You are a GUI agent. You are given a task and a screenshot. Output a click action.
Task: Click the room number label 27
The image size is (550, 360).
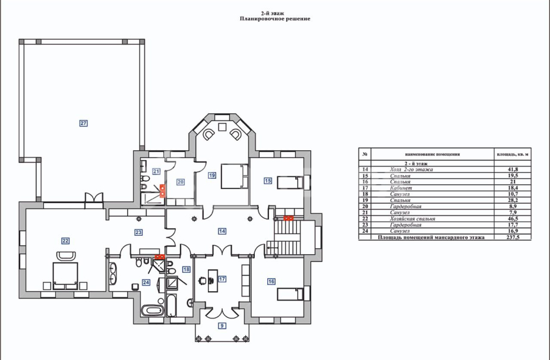pos(83,123)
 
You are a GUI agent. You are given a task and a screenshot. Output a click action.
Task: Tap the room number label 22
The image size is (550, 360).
pos(65,241)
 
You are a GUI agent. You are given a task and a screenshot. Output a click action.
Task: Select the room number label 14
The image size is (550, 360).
pos(222,231)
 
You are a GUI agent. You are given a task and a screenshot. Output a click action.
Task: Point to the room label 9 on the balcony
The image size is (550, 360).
pos(222,326)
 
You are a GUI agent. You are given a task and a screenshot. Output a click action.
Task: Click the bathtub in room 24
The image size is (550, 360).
pos(152,310)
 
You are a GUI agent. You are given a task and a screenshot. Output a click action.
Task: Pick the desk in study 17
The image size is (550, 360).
pos(213,280)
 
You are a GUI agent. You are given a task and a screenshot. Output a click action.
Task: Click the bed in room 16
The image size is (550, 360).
pos(290,294)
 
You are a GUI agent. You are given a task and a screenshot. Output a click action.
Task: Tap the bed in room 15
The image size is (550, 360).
pos(290,182)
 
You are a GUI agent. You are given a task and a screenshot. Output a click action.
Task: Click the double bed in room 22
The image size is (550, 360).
pos(65,276)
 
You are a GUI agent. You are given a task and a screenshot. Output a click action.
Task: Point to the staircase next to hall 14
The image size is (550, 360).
pos(287,237)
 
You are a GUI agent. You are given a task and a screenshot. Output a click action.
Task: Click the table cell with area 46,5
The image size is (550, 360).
pos(513,219)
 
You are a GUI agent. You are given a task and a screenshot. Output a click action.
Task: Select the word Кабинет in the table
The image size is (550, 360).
pos(400,188)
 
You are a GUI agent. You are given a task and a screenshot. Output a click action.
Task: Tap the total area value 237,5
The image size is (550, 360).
pos(513,237)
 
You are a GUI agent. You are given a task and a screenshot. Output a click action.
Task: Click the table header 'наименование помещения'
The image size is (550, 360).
pos(432,154)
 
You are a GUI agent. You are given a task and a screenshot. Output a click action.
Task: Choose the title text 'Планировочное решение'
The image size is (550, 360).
pos(275,19)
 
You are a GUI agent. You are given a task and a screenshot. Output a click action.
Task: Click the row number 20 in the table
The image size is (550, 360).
pos(365,206)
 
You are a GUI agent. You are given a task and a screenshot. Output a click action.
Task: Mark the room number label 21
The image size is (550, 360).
pos(156,171)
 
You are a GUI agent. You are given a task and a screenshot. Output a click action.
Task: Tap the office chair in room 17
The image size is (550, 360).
pos(202,280)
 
